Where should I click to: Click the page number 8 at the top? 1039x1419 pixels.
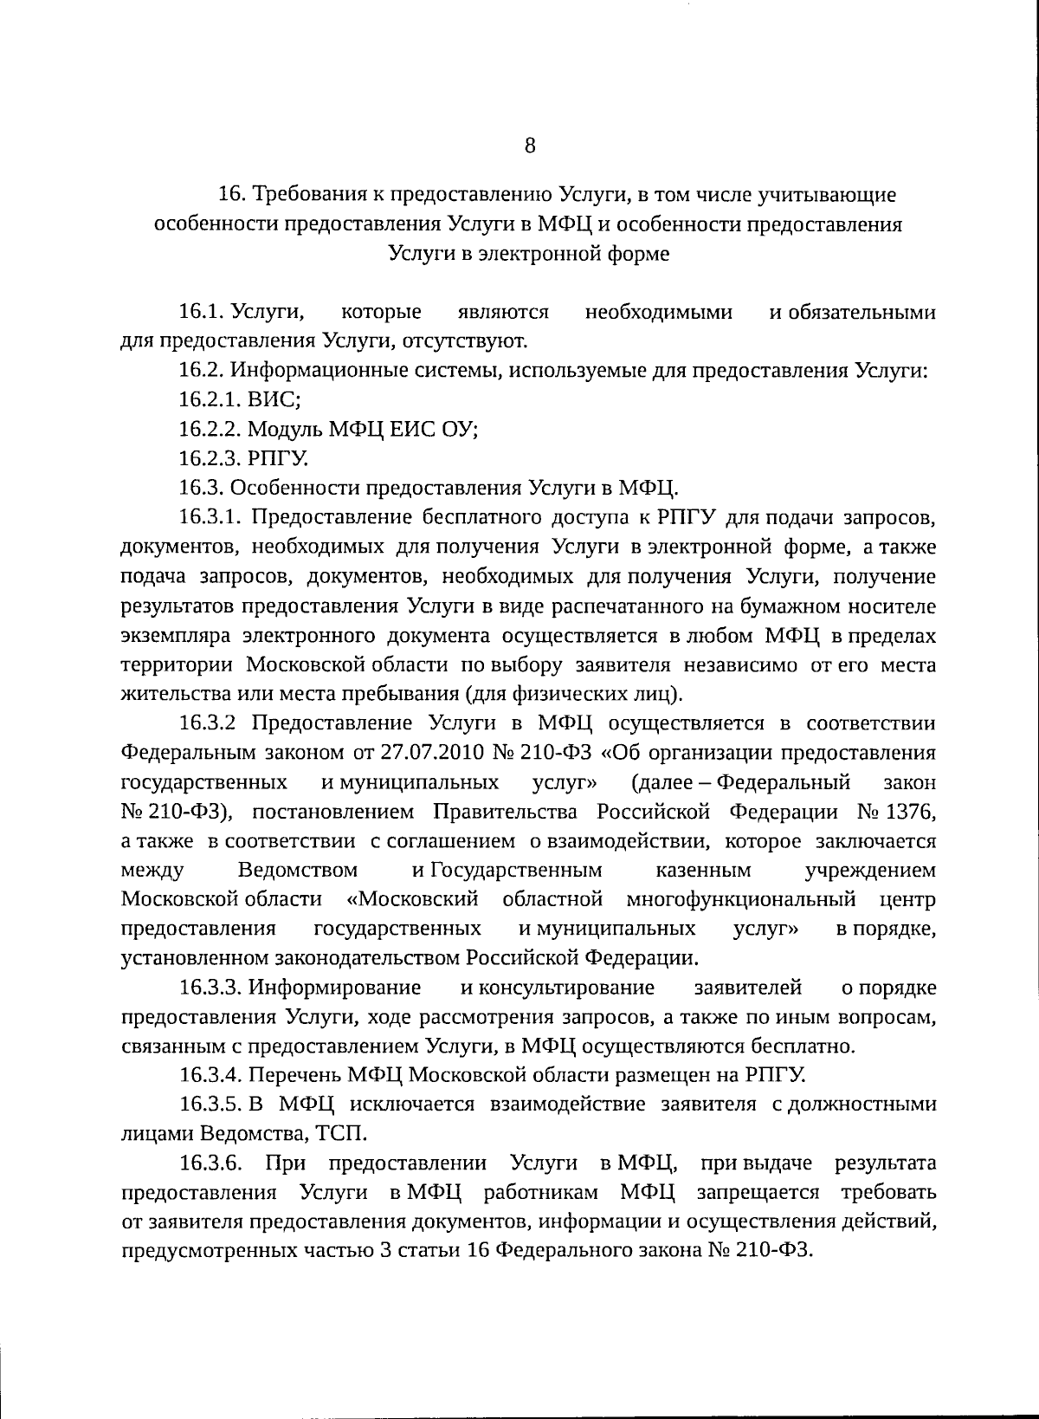click(x=530, y=145)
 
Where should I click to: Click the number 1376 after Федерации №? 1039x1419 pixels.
click(x=911, y=812)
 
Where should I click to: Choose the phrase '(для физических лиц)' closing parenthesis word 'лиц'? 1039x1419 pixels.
click(x=662, y=694)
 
